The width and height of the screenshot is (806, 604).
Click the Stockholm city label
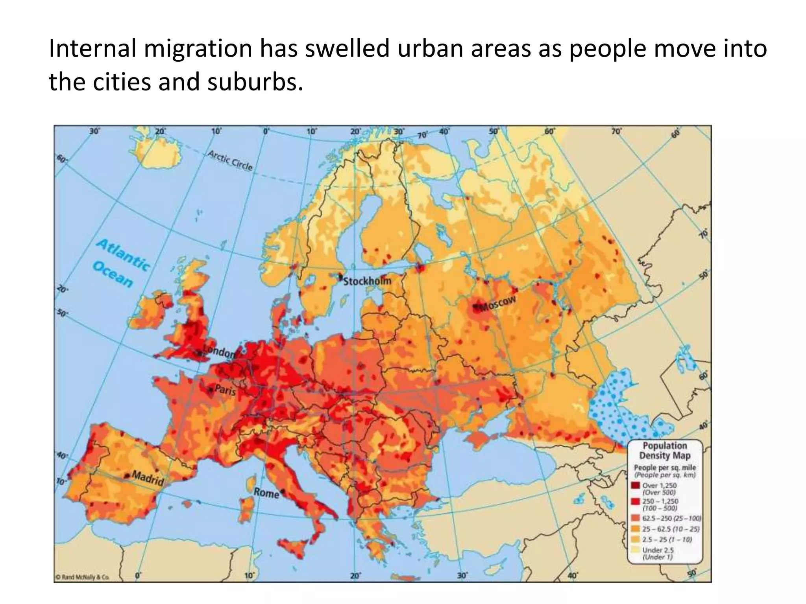[x=367, y=281]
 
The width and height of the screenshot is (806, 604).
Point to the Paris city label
[x=225, y=391]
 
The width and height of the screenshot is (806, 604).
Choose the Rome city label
[x=266, y=493]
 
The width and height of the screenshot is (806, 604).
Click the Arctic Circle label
[x=230, y=160]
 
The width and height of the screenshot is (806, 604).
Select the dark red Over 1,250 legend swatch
[x=635, y=486]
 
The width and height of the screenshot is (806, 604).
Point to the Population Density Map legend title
[x=665, y=451]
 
